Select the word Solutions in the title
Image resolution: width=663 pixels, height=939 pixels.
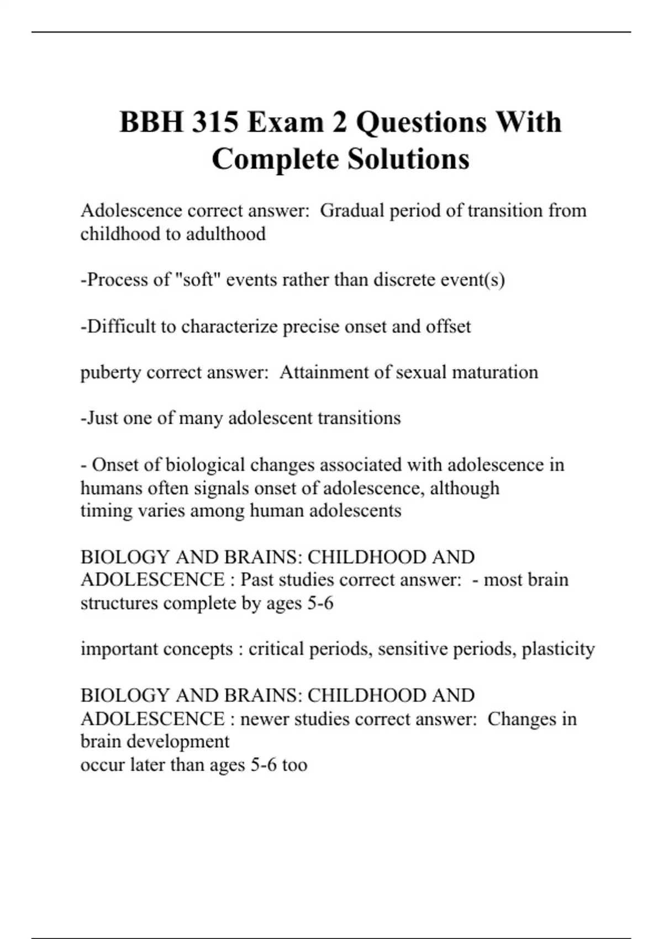pyautogui.click(x=408, y=159)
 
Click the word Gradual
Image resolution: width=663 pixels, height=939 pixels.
pyautogui.click(x=352, y=210)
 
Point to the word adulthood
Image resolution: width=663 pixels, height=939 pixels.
pyautogui.click(x=225, y=234)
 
